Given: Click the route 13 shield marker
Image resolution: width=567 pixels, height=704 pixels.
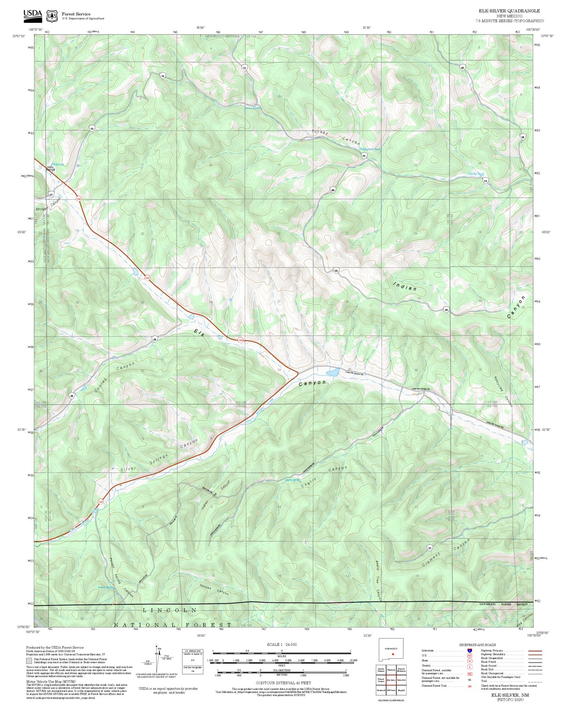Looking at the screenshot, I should coord(244,68).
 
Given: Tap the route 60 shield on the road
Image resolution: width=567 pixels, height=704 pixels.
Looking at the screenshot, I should coord(333,190).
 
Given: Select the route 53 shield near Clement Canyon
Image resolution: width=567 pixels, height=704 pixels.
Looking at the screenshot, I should coord(430,547).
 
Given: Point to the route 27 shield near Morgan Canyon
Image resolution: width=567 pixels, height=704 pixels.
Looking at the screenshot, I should coord(51,195).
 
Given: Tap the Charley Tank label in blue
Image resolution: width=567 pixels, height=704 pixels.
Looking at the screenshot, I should coord(476,174).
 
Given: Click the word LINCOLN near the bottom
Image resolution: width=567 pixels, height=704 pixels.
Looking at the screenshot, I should coord(170,610).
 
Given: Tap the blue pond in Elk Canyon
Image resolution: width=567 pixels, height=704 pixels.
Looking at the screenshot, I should coord(333,372).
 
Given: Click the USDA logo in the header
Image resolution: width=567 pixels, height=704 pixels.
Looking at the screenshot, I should coord(33,15).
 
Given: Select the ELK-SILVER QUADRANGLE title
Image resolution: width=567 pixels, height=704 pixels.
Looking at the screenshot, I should coord(509,11).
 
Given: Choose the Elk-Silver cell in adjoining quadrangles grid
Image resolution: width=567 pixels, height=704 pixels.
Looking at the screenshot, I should coord(391,680).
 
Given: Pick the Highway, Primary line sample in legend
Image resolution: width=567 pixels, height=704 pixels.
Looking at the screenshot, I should coord(534,651).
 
